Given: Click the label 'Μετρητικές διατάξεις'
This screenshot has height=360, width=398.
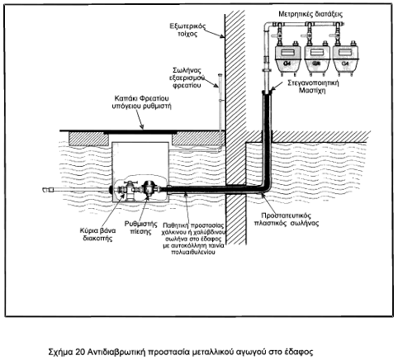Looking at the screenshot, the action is click(x=310, y=14).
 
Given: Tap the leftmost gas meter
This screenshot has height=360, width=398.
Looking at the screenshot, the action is click(x=287, y=59).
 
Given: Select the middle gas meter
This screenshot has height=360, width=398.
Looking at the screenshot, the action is click(x=317, y=59).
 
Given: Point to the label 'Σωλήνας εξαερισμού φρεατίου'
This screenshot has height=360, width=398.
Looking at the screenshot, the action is click(x=187, y=78).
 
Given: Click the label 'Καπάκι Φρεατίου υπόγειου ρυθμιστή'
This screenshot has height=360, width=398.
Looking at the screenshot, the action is click(x=141, y=102).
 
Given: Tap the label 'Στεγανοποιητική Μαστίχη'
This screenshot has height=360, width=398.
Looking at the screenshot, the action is click(x=313, y=86).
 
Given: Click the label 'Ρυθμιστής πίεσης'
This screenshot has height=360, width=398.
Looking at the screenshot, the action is click(x=140, y=227).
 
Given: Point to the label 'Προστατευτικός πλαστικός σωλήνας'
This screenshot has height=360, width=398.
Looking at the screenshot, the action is click(x=287, y=219).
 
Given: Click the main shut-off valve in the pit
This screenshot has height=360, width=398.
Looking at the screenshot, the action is click(x=128, y=191).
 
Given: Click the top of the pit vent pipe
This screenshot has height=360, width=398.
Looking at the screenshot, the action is click(x=220, y=75).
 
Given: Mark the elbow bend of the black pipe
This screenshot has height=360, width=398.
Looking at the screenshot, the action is click(x=265, y=187).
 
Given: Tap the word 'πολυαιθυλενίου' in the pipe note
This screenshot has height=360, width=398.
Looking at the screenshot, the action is click(x=193, y=252).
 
